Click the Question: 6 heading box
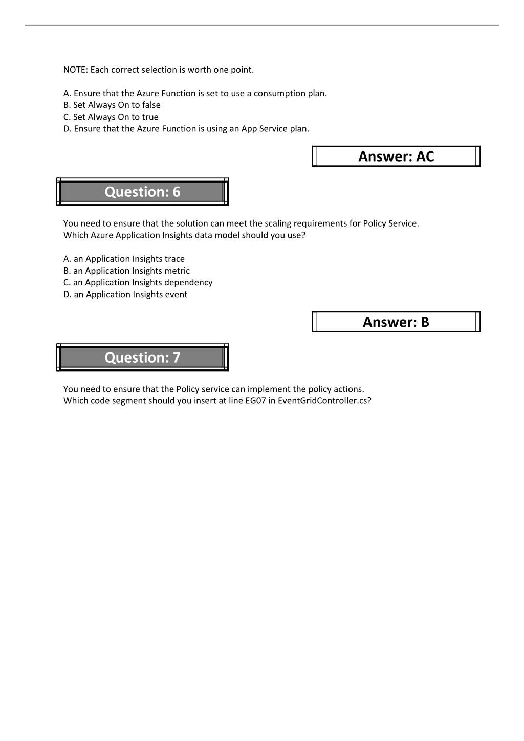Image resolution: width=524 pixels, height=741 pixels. (142, 192)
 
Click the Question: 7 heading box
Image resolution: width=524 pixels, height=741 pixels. (142, 357)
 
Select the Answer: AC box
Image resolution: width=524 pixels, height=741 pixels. (396, 156)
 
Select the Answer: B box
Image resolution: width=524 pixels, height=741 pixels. (396, 322)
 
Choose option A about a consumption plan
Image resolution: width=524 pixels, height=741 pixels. (195, 93)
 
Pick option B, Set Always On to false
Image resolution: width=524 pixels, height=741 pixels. (112, 105)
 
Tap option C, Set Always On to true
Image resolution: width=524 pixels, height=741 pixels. (111, 117)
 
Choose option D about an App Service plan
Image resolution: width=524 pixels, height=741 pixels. (186, 128)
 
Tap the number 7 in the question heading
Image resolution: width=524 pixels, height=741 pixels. (177, 357)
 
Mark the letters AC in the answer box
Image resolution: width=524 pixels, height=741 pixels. (425, 156)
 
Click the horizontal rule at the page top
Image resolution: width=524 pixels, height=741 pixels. (262, 25)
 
